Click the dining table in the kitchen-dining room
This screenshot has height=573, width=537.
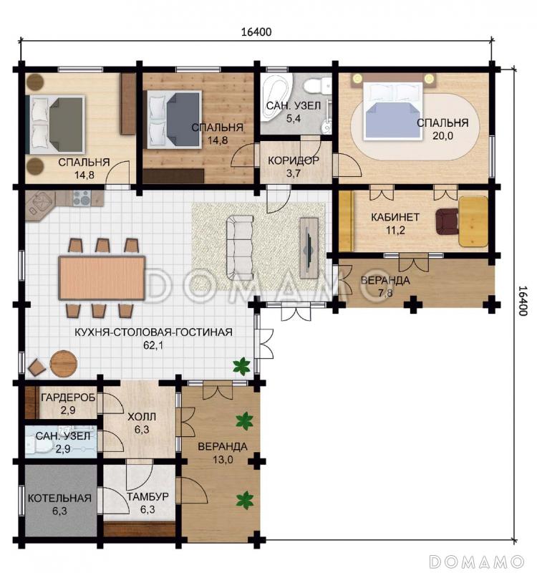tap(102, 278)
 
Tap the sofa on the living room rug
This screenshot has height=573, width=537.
tap(240, 246)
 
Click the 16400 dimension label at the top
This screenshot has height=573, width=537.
tap(256, 32)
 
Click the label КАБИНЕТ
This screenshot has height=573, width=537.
tap(395, 217)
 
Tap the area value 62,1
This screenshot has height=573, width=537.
tap(153, 345)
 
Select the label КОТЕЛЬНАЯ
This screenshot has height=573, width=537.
tap(59, 498)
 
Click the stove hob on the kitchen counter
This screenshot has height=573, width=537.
tap(82, 198)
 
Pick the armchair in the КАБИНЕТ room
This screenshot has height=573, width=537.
tap(447, 221)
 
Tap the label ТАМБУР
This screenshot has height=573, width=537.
tap(147, 496)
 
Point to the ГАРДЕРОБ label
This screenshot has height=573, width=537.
tap(68, 398)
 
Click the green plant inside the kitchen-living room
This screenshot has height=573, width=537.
tap(241, 366)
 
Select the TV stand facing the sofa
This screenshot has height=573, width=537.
tap(309, 248)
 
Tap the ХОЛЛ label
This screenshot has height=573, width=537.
tap(142, 417)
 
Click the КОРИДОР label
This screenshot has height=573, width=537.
tap(294, 160)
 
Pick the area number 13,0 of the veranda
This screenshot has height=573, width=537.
tap(223, 459)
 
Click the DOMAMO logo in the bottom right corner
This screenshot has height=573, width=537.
tap(476, 561)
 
